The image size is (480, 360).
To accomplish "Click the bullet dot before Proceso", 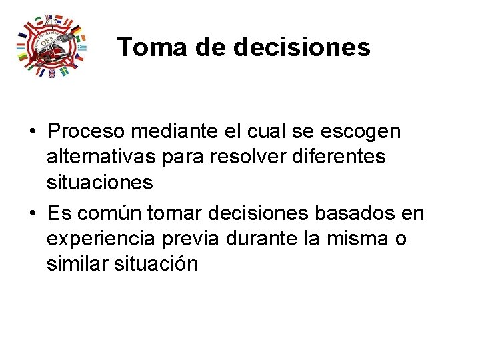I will click(x=31, y=132).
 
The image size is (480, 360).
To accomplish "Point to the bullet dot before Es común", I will click(x=31, y=213).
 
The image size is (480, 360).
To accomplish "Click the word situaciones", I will click(x=100, y=181).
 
